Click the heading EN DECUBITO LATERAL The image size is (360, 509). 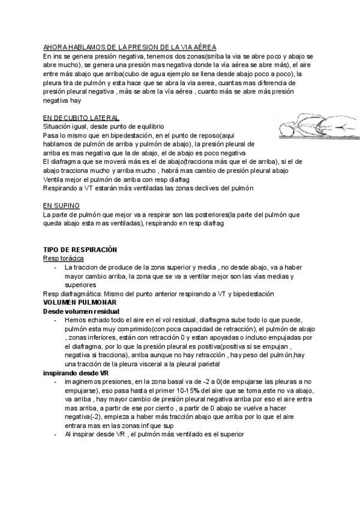point(81,118)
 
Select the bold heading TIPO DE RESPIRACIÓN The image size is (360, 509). point(80,249)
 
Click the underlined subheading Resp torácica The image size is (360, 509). point(64,258)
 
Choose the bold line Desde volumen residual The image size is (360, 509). point(81,312)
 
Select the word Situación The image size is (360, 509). point(59,127)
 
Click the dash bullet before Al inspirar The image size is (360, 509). point(55,435)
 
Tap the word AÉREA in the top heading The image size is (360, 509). point(203,47)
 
